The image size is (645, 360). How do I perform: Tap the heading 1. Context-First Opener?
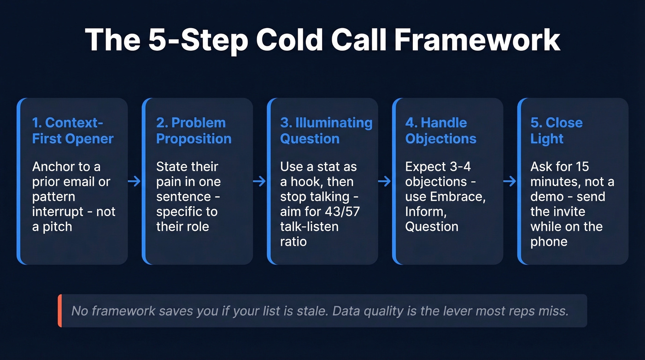pyautogui.click(x=73, y=130)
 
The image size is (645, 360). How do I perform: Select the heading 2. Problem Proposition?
pyautogui.click(x=193, y=130)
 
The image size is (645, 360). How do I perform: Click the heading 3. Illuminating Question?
pyautogui.click(x=326, y=130)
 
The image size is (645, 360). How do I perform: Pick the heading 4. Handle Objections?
pyautogui.click(x=440, y=130)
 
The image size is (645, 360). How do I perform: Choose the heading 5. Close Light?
pyautogui.click(x=556, y=130)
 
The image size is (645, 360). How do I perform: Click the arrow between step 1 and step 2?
pyautogui.click(x=134, y=182)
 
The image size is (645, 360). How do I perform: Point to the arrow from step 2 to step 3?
pyautogui.click(x=259, y=182)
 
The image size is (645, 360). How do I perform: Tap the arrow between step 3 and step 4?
pyautogui.click(x=384, y=182)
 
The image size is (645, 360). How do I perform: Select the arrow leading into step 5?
pyautogui.click(x=510, y=182)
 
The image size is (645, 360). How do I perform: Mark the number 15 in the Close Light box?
pyautogui.click(x=580, y=166)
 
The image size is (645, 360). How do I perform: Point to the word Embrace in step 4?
pyautogui.click(x=457, y=197)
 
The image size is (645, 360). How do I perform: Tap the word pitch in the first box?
pyautogui.click(x=57, y=227)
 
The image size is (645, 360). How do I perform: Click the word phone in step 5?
pyautogui.click(x=549, y=242)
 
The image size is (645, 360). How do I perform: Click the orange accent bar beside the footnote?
pyautogui.click(x=60, y=311)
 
